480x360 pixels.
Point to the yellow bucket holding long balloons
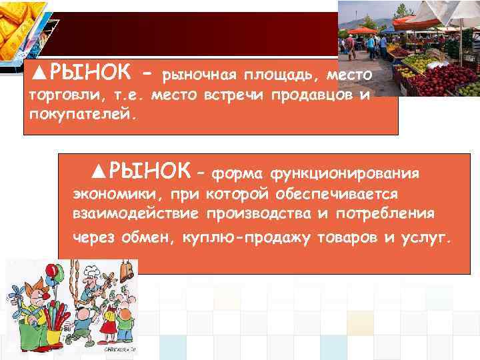pos(49,337)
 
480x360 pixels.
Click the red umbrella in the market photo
pos(363,30)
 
